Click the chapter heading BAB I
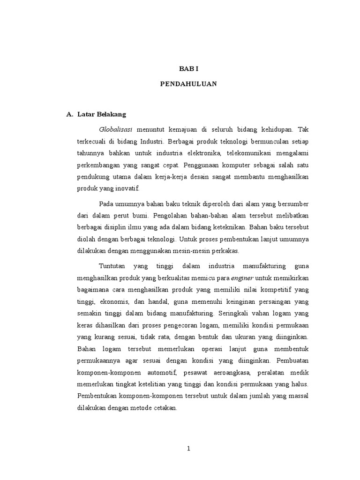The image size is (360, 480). (189, 68)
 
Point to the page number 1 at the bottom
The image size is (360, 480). (189, 449)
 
